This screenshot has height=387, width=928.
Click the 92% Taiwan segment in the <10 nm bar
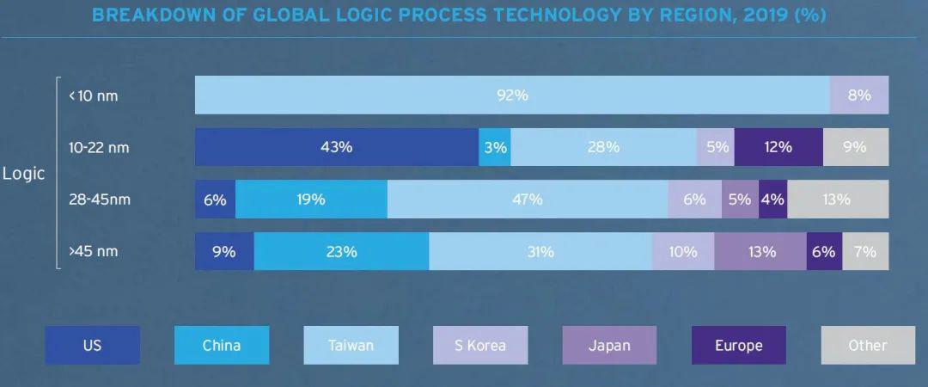[512, 95]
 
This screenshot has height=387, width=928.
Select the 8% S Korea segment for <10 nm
[859, 95]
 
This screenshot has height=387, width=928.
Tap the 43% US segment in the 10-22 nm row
[337, 147]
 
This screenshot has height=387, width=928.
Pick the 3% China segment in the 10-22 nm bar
[495, 147]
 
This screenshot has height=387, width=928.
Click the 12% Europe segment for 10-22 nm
[778, 147]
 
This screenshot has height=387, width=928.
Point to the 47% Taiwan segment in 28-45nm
[528, 200]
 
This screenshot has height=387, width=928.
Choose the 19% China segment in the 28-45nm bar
[311, 200]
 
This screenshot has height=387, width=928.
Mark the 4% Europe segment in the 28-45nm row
[773, 200]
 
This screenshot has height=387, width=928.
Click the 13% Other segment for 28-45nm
[838, 200]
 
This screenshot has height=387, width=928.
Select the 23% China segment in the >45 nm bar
[341, 251]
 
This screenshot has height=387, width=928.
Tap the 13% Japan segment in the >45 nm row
[760, 251]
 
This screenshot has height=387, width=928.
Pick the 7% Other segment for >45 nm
[865, 251]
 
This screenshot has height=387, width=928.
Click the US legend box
[92, 345]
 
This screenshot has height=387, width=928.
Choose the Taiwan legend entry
[351, 345]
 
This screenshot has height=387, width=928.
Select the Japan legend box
[609, 345]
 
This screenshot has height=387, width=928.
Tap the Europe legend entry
[739, 345]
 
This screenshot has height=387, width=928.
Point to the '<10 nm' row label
[94, 95]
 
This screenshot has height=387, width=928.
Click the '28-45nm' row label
[99, 200]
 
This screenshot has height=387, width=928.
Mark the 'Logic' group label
[24, 174]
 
